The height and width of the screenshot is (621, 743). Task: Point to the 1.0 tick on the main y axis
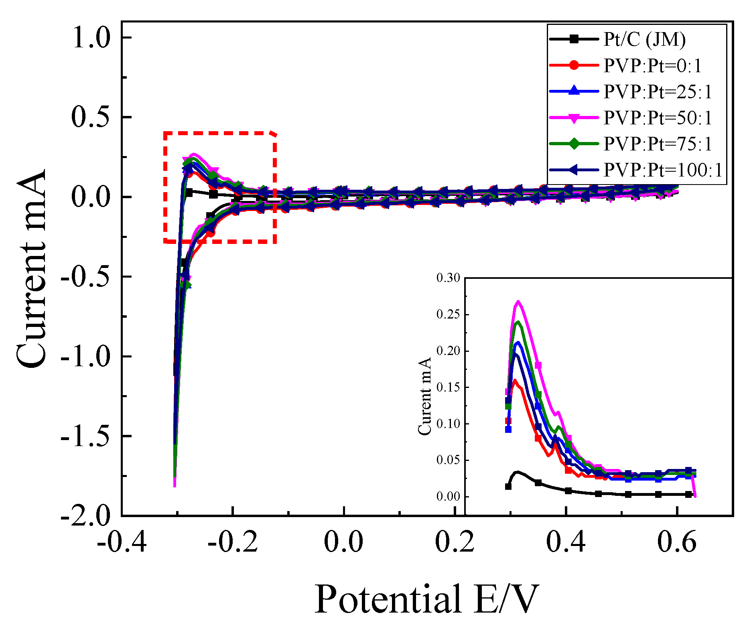pyautogui.click(x=91, y=39)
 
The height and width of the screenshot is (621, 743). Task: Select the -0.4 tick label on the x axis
pyautogui.click(x=122, y=542)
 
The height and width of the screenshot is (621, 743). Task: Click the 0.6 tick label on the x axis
pyautogui.click(x=677, y=542)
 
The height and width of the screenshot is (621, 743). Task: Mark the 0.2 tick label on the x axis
pyautogui.click(x=455, y=542)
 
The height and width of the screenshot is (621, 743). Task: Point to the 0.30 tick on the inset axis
pyautogui.click(x=448, y=278)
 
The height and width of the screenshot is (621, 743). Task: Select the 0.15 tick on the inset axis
pyautogui.click(x=448, y=387)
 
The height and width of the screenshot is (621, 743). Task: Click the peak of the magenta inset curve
pyautogui.click(x=518, y=301)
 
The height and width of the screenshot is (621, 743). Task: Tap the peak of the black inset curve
pyautogui.click(x=518, y=472)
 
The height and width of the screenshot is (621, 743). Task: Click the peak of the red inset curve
pyautogui.click(x=515, y=380)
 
